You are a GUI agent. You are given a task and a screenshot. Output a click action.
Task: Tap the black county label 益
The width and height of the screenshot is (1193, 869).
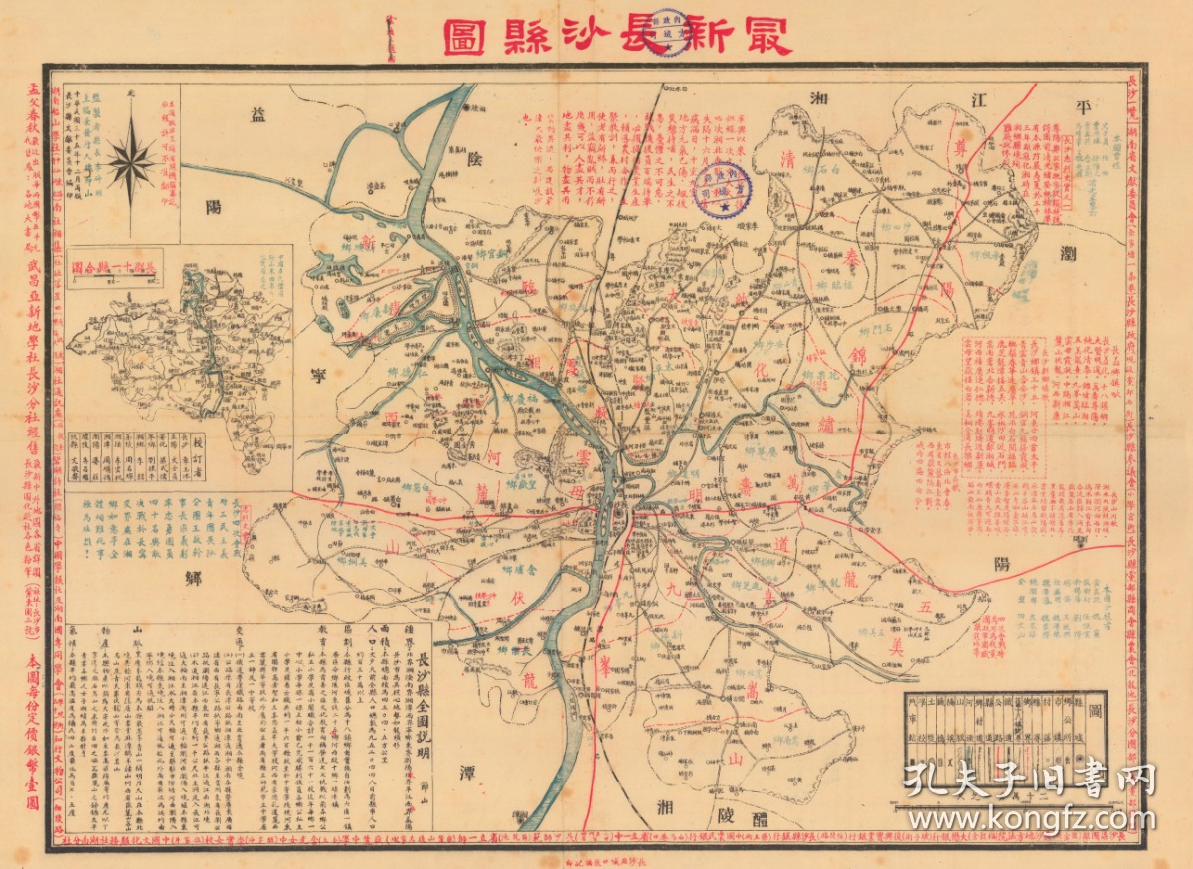(x=256, y=117)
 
